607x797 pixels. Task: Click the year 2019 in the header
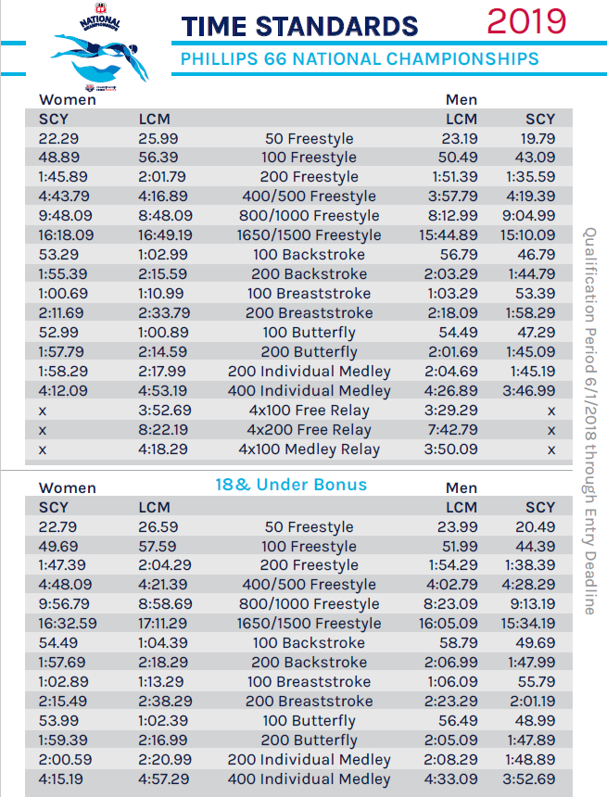coord(525,21)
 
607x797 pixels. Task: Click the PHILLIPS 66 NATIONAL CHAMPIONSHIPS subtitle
coord(360,59)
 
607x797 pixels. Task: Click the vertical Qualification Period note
coord(588,422)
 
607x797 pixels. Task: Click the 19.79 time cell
coord(536,138)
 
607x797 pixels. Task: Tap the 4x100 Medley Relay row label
coord(309,449)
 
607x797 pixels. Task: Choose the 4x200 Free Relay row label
coord(309,430)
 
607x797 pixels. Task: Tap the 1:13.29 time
coord(162,682)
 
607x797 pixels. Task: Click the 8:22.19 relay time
coord(165,430)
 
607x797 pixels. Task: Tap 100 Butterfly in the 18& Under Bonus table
coord(309,721)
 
